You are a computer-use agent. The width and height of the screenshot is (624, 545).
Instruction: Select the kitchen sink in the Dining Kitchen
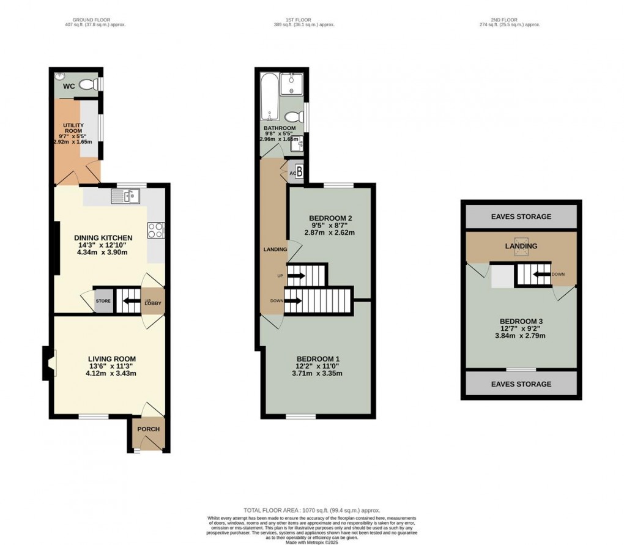[x=125, y=196]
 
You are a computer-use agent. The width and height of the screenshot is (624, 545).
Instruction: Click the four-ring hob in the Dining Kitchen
[x=155, y=230]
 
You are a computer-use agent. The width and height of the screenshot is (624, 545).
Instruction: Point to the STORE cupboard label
[x=103, y=301]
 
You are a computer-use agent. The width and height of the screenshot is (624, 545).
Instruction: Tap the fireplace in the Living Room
[x=48, y=361]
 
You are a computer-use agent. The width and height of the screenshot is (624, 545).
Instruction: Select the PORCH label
[x=148, y=429]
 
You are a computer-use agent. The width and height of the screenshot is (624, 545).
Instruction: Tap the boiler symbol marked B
[x=299, y=171]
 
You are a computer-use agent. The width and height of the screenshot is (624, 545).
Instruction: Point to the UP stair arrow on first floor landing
[x=295, y=276]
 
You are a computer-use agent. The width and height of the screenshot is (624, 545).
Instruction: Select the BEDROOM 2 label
[x=330, y=218]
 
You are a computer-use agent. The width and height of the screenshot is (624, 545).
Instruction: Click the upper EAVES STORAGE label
[x=521, y=217]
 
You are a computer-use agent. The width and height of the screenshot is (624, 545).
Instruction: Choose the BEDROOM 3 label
[x=521, y=321]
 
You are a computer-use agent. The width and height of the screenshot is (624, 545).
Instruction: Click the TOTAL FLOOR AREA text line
[x=311, y=510]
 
